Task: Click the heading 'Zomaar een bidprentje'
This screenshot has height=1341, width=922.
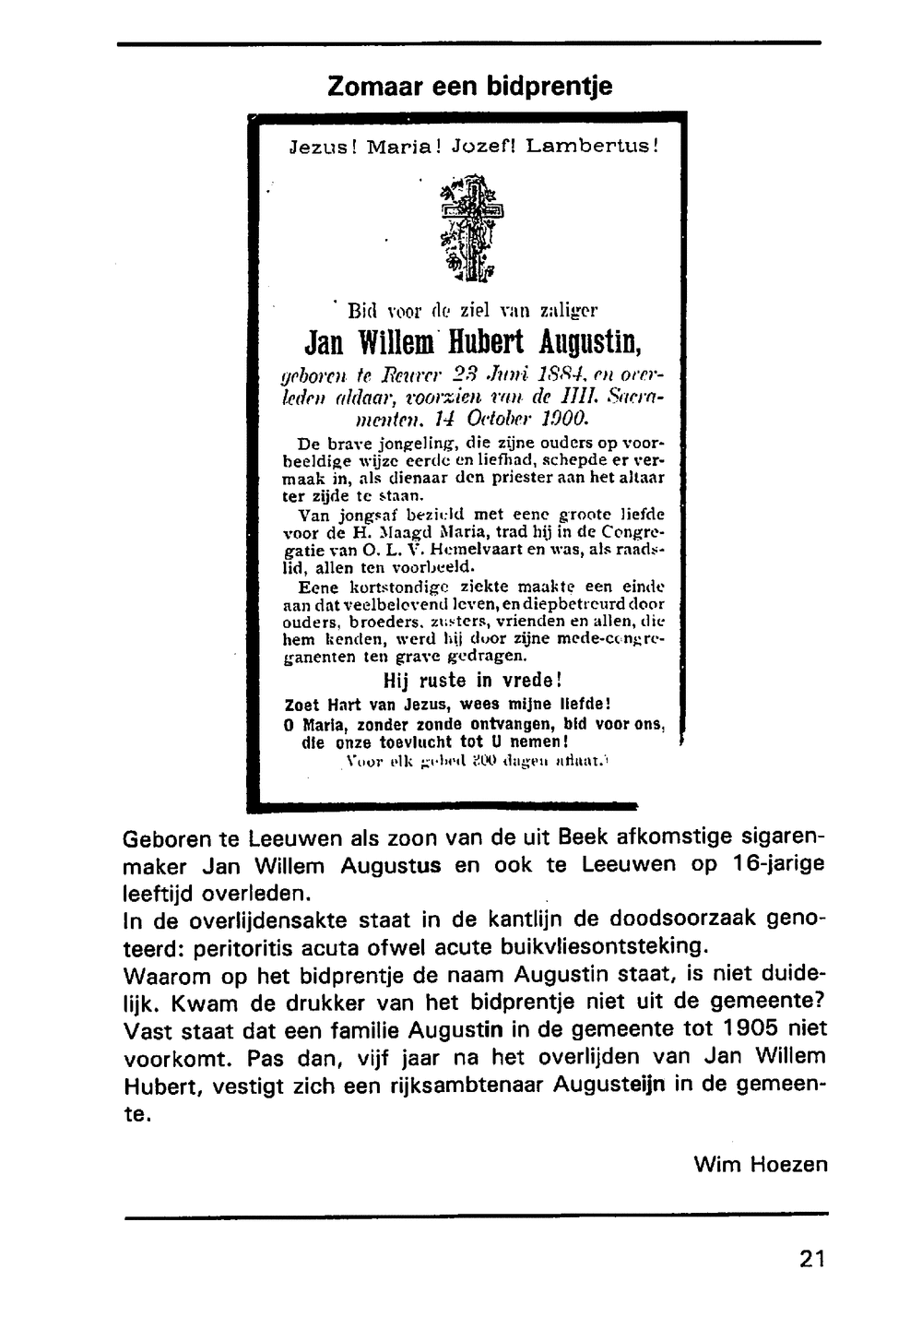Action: pos(469,87)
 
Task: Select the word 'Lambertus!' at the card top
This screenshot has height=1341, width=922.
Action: pos(592,146)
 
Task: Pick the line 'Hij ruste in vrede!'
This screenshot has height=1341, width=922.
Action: pos(472,681)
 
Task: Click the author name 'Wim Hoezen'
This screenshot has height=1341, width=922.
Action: pos(761,1164)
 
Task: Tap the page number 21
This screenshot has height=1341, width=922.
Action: pos(812,1258)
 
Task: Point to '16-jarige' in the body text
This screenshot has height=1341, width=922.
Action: pos(774,864)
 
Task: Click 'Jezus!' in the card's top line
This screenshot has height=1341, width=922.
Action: pos(323,146)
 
